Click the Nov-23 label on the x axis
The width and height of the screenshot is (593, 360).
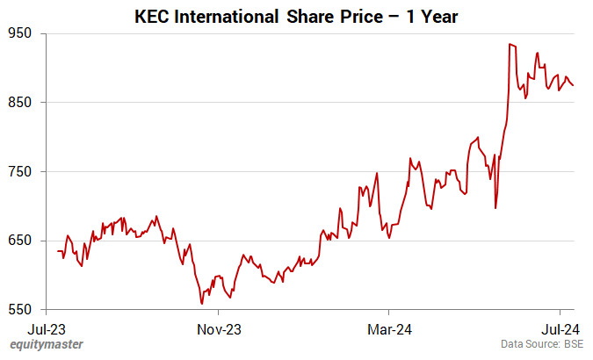(x=219, y=329)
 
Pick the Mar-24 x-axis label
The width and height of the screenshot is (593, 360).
(x=389, y=329)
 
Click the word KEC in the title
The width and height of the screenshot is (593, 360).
(x=151, y=16)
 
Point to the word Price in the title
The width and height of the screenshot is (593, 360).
(x=372, y=16)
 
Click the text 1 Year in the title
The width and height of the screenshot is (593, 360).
(x=433, y=16)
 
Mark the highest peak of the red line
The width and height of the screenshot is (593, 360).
(x=510, y=44)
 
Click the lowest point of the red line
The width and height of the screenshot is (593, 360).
(x=202, y=304)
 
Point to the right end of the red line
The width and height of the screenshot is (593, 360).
(x=574, y=85)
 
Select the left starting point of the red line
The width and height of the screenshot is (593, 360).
(x=58, y=251)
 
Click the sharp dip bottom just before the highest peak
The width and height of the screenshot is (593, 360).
(x=495, y=208)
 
